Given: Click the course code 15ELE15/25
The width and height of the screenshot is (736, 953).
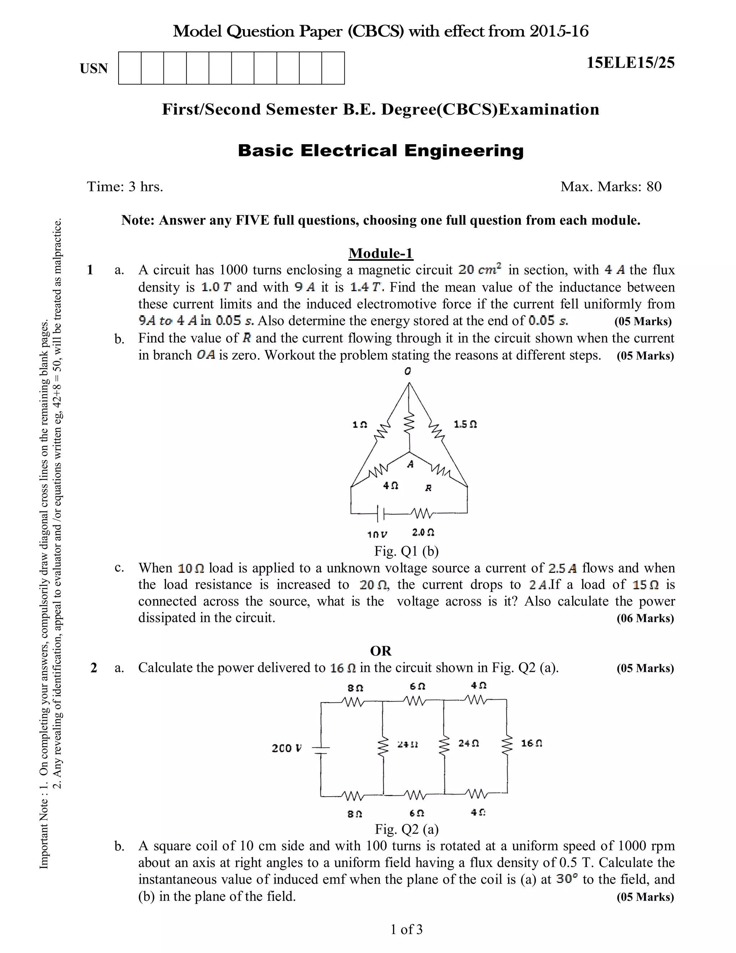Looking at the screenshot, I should point(630,63).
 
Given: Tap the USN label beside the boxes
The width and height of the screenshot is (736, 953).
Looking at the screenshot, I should point(94,68).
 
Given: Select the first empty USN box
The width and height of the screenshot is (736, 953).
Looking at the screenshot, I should point(129,68).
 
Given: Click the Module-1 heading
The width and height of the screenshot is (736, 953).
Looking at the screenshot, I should point(380,253).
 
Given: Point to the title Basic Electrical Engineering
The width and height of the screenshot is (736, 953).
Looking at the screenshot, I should point(381,151).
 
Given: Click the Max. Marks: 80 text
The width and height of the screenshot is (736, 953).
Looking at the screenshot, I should point(611,187).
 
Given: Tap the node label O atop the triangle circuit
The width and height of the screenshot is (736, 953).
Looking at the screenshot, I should point(408,371).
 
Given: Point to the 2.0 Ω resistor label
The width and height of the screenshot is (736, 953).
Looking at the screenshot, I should point(423,532).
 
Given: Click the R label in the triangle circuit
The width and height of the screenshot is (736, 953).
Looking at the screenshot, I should point(428,488).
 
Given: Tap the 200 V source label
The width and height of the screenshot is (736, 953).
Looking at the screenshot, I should point(286,748).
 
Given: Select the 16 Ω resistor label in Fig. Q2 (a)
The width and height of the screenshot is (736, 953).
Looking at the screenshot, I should point(531,743).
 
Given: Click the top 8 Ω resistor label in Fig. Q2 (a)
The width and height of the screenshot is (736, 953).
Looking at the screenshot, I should point(355,688).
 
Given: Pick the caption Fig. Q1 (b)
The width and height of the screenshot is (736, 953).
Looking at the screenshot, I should point(406,551).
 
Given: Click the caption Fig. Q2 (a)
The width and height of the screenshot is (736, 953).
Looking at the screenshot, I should point(406,829).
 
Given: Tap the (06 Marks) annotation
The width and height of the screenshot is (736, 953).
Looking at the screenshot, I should point(645,618).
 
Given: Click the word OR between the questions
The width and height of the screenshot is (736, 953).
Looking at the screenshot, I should point(381,651).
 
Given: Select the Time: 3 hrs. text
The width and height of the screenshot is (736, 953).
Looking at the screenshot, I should point(125,187).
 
